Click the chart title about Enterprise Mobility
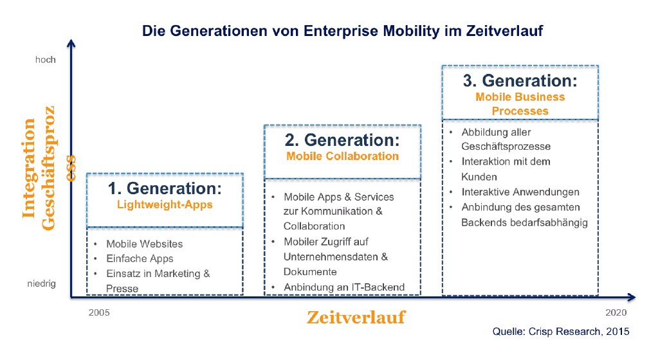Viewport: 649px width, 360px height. [342, 31]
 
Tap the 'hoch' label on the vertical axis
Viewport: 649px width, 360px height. [46, 60]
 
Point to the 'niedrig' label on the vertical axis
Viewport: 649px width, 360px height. [41, 284]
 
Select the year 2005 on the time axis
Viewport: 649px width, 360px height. [99, 312]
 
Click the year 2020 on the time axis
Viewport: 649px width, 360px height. [616, 312]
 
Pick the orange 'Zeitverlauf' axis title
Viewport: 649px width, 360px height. [356, 318]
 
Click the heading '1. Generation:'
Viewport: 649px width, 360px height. [165, 188]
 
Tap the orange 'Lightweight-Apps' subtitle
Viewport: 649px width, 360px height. [165, 205]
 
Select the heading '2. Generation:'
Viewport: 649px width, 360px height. [342, 140]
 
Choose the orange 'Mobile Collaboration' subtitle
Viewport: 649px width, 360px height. [343, 156]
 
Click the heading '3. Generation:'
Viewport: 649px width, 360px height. [520, 81]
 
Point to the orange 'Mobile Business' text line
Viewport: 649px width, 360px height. [520, 97]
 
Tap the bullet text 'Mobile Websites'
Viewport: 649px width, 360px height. [145, 244]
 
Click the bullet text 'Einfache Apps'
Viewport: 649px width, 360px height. [140, 258]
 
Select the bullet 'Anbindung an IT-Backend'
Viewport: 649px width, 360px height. [344, 287]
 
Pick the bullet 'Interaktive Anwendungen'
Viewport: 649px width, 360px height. [520, 192]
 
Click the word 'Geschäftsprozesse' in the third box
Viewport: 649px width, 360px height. [506, 147]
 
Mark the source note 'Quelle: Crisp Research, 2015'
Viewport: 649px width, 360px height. [561, 332]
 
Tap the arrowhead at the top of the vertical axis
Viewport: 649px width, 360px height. [71, 43]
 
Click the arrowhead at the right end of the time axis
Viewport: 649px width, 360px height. [632, 297]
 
